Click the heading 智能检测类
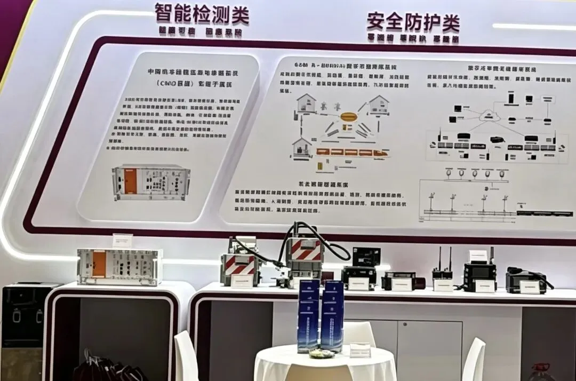pos(202,14)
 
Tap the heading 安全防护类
pos(413,22)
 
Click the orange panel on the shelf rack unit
pos(99,264)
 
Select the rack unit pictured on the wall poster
pos(151,181)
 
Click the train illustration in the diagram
pos(352,153)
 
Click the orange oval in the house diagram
pos(350,116)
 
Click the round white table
pos(325,366)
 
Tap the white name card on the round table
pos(360,350)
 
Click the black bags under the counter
pos(107,368)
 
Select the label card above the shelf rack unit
pos(123,241)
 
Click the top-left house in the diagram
pos(306,103)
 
